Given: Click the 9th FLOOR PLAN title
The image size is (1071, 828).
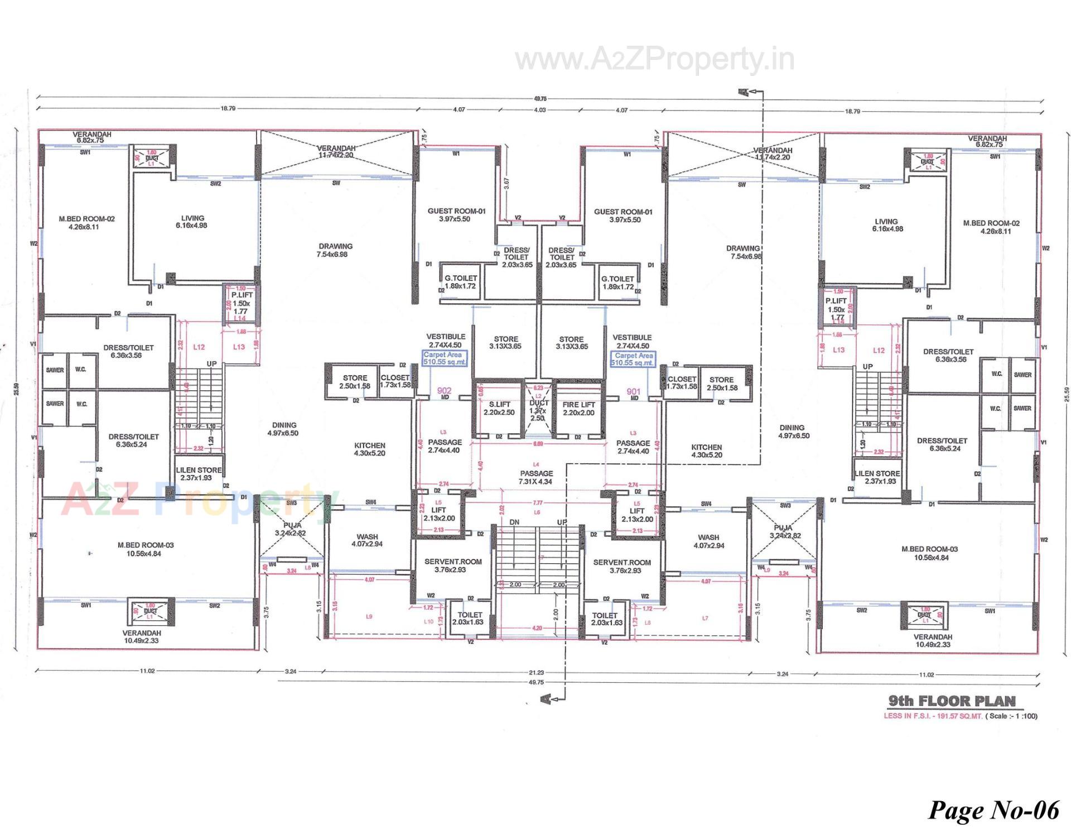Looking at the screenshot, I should pos(952,701).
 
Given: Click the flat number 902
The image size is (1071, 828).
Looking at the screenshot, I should pos(445,391).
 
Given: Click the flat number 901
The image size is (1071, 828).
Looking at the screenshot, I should pos(633,391).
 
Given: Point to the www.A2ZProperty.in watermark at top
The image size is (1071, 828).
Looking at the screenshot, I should pos(654,60).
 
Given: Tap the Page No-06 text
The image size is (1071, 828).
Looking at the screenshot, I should pos(993,809).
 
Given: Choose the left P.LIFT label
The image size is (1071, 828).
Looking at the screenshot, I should pos(242,295).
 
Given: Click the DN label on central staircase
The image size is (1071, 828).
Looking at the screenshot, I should pos(514,522).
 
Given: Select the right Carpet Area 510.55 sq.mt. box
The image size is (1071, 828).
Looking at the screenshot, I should pos(633,359).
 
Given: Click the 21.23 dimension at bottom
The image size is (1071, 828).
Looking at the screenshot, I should pos(536,673).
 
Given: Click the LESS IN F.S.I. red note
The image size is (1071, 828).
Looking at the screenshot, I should pos(933,716).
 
